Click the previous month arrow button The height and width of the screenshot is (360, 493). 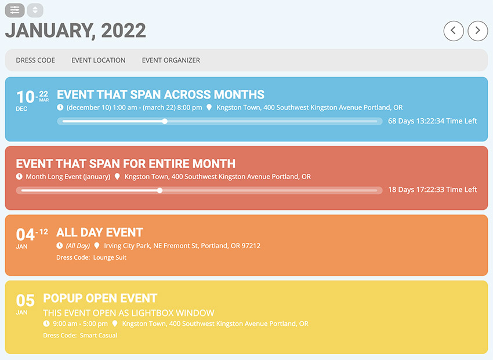click(454, 31)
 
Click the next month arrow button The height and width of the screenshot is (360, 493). click(478, 31)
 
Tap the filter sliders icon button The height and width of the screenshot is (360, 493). click(14, 10)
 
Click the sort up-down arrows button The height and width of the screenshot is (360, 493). click(35, 10)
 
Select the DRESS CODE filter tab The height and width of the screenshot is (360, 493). click(35, 60)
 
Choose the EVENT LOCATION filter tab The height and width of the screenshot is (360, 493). click(99, 60)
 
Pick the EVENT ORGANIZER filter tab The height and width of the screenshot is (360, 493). click(171, 60)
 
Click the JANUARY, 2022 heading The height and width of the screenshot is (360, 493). click(75, 31)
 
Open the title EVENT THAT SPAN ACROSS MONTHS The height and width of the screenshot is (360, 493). click(161, 94)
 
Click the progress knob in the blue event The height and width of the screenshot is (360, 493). click(165, 121)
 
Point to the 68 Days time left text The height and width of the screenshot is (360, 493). click(433, 121)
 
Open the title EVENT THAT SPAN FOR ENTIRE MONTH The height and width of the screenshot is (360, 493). click(126, 163)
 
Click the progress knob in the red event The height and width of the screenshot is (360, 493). click(160, 190)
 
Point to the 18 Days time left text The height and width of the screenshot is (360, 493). click(433, 190)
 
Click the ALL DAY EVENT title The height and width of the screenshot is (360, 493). click(100, 232)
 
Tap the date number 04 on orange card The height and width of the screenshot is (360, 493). click(25, 235)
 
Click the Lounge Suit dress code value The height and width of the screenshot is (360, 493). click(110, 257)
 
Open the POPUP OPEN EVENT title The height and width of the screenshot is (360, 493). click(100, 299)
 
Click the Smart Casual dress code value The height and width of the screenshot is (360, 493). click(99, 335)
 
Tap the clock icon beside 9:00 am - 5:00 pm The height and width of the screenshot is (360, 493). click(46, 323)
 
